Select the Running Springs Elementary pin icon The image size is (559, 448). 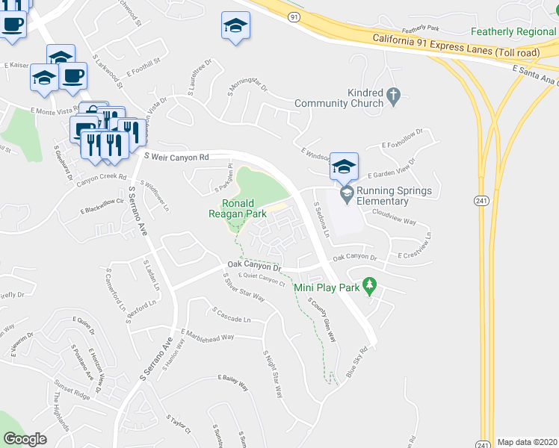point(346,193)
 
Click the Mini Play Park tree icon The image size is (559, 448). point(368,284)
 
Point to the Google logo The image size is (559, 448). point(25,440)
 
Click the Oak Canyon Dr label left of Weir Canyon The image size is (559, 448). point(254,267)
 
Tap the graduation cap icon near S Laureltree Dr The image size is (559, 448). point(235,27)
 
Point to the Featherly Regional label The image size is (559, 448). point(514,32)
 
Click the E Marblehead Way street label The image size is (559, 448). point(208,335)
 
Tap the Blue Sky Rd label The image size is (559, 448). point(356,362)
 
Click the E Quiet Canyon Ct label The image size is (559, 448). point(262,281)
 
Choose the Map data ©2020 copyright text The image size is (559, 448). point(527,442)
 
